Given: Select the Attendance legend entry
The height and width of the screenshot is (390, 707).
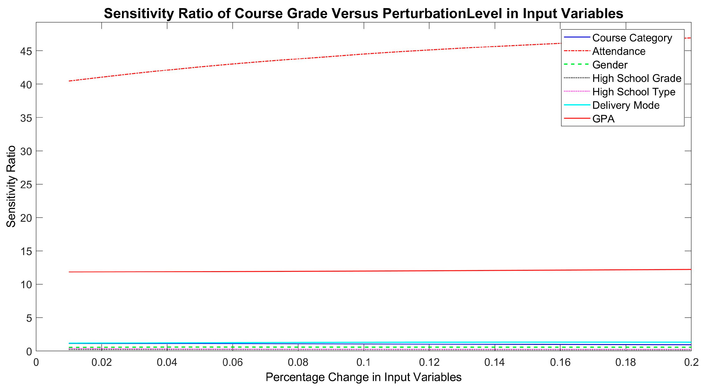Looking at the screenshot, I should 619,51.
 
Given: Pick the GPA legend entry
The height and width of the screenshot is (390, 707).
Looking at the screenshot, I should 603,119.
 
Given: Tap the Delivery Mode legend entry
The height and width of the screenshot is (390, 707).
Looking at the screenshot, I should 626,105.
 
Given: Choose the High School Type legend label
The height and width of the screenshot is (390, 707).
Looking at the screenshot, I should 634,92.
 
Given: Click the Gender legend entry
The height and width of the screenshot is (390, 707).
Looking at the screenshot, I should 610,65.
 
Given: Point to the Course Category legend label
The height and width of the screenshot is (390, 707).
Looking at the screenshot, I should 632,38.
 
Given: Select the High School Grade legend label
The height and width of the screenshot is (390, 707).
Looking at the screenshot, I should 637,78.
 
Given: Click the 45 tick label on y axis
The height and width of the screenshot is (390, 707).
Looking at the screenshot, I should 26,51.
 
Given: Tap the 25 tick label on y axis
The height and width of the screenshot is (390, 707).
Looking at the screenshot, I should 26,185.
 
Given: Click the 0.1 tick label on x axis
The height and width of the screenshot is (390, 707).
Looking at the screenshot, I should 363,362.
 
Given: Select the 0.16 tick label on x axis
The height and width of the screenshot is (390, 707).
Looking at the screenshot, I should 560,362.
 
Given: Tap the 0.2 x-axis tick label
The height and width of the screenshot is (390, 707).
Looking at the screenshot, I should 691,362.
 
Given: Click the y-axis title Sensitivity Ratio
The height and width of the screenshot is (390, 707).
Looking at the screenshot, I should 11,187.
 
